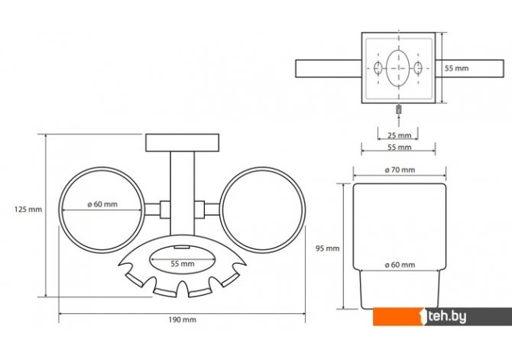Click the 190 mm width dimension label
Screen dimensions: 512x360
(182, 319)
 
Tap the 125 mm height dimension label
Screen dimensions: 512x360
(28, 209)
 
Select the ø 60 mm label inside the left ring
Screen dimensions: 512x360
(102, 204)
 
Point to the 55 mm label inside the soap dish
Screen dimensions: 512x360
(183, 264)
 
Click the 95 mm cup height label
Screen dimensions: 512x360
(328, 248)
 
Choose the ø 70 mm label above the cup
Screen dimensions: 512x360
(400, 170)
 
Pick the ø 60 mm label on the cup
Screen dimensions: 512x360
(400, 264)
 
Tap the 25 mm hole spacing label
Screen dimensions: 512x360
(400, 135)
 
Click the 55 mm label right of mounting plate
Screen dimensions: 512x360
(456, 68)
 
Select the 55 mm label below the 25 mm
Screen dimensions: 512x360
(400, 148)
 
